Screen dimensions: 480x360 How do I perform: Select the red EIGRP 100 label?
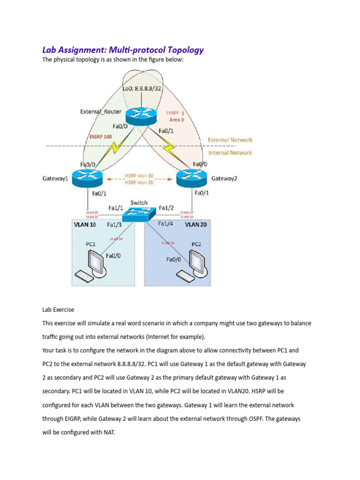(x=101, y=136)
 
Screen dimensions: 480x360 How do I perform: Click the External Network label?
(x=230, y=140)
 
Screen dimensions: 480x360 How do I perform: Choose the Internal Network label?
(x=230, y=152)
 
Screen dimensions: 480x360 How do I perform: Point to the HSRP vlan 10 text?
(x=139, y=175)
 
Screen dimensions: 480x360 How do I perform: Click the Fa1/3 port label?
(x=114, y=225)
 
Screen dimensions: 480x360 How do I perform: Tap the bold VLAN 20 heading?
(x=196, y=225)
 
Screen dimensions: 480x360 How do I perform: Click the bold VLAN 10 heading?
(x=85, y=225)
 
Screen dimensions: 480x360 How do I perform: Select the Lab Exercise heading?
(x=58, y=310)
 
